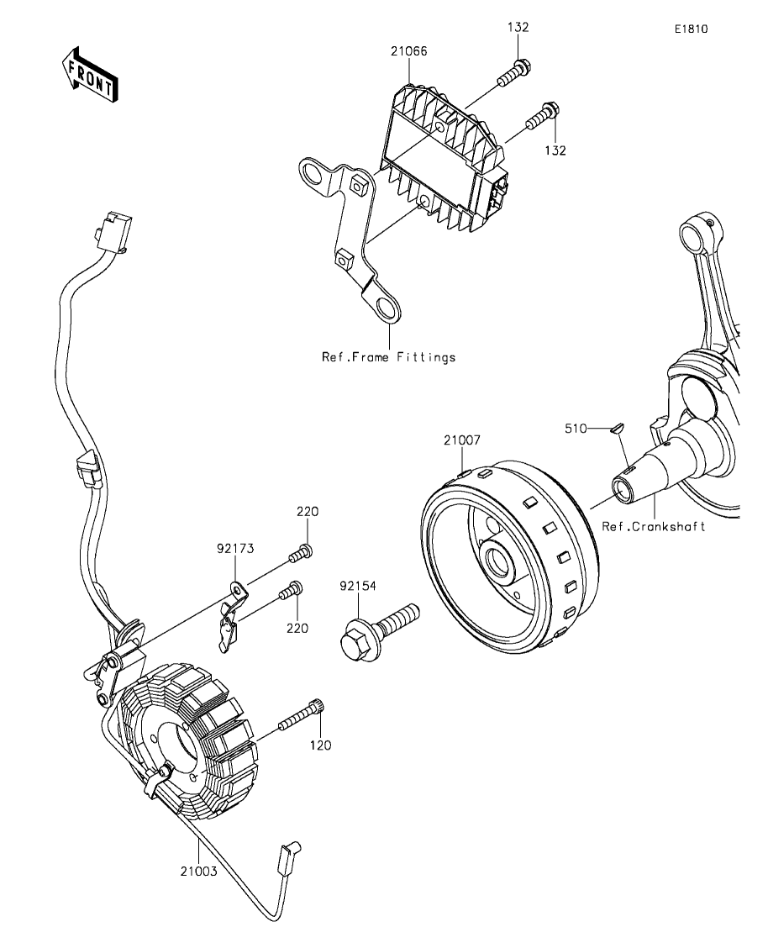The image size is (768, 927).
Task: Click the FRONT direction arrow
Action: (x=90, y=73)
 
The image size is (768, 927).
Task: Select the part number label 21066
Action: (x=408, y=51)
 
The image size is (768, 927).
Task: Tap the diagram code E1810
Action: (x=692, y=29)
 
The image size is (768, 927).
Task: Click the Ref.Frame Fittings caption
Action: (x=388, y=357)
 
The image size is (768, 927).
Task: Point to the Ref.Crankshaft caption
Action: (x=653, y=526)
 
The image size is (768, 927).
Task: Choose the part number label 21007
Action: (x=462, y=440)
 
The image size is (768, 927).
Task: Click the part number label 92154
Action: (x=358, y=586)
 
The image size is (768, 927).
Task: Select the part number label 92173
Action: (x=235, y=549)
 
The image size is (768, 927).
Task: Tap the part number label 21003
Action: (x=198, y=872)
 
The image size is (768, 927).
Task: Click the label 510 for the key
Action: (x=576, y=429)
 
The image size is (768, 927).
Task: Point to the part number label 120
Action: (x=320, y=745)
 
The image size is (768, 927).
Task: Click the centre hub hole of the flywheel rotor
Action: (x=497, y=559)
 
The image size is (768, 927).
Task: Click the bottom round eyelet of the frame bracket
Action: (x=385, y=308)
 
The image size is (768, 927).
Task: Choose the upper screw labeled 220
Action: (x=300, y=553)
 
